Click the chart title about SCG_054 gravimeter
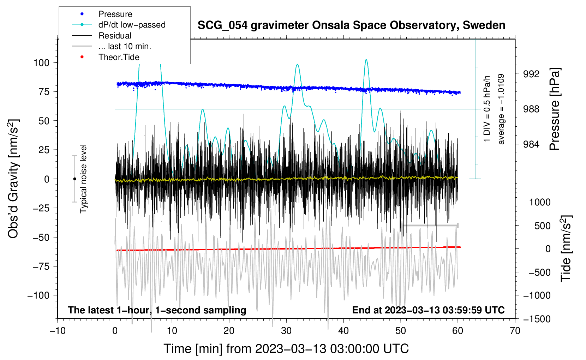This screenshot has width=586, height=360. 351,25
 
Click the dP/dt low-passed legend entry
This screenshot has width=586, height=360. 132,25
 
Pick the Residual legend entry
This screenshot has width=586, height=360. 115,36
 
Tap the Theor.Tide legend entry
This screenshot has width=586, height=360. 119,57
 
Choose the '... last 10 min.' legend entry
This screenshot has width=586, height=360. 125,46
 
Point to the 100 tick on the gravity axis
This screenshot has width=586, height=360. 41,63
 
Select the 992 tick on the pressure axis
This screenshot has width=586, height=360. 531,74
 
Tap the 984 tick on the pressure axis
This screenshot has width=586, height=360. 531,144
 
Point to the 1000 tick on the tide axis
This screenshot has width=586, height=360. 540,202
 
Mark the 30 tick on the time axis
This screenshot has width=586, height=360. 286,331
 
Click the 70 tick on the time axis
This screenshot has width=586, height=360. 515,331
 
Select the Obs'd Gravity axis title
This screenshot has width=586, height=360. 13,179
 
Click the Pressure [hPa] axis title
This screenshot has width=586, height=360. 555,109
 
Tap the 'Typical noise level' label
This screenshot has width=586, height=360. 83,179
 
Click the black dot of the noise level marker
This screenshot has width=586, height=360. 74,179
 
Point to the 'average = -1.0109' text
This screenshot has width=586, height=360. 501,109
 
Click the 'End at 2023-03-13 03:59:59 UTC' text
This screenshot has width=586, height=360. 428,310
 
